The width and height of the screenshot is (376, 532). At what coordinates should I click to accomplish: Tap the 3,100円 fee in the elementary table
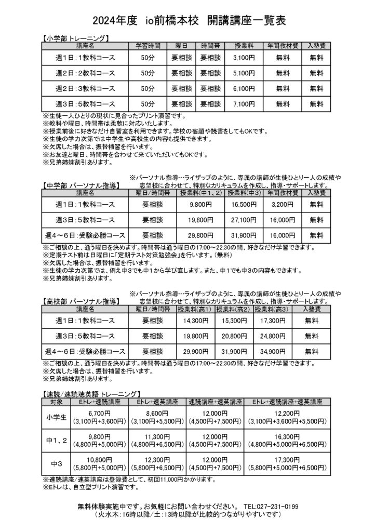point(244,57)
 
